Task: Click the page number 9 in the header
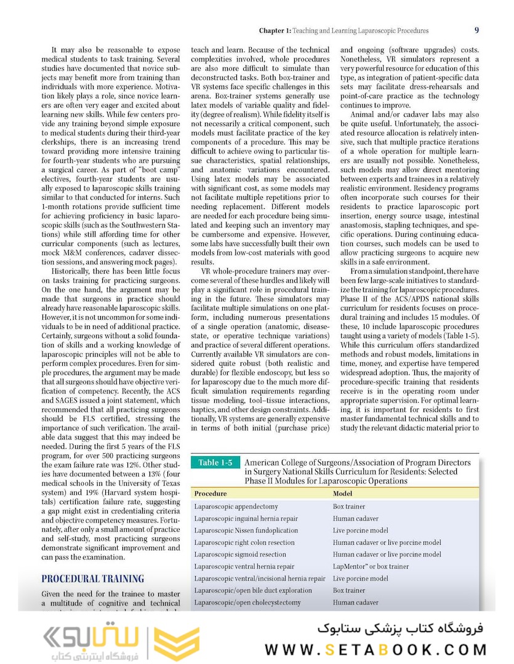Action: [x=477, y=30]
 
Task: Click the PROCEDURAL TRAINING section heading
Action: [x=92, y=579]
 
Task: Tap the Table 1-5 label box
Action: [x=215, y=463]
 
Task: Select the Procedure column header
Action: [x=211, y=493]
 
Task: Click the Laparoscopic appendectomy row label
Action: [x=236, y=507]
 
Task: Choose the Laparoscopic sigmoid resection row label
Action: [x=239, y=555]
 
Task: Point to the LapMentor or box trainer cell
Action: [x=371, y=566]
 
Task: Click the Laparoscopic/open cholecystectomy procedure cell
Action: [x=247, y=603]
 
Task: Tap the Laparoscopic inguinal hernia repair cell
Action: [x=246, y=519]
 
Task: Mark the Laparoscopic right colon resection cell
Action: [x=244, y=543]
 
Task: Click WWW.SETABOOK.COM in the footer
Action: [x=375, y=649]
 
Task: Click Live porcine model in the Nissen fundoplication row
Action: [x=360, y=531]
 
